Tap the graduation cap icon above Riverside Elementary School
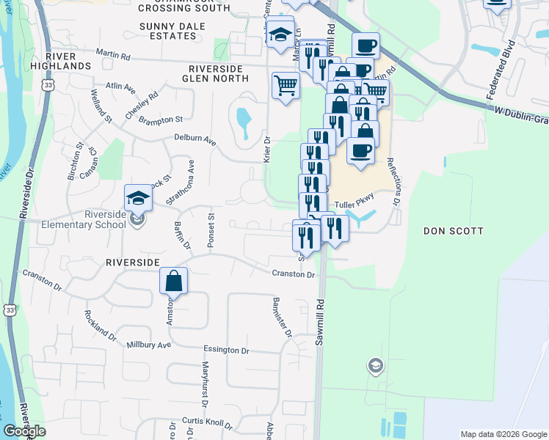pyautogui.click(x=138, y=197)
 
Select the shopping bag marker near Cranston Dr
pyautogui.click(x=173, y=280)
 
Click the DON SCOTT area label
pyautogui.click(x=454, y=231)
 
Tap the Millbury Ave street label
pyautogui.click(x=148, y=344)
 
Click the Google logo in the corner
pyautogui.click(x=24, y=430)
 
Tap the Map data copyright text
pyautogui.click(x=502, y=434)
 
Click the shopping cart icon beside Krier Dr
pyautogui.click(x=286, y=85)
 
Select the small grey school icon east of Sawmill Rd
pyautogui.click(x=375, y=365)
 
